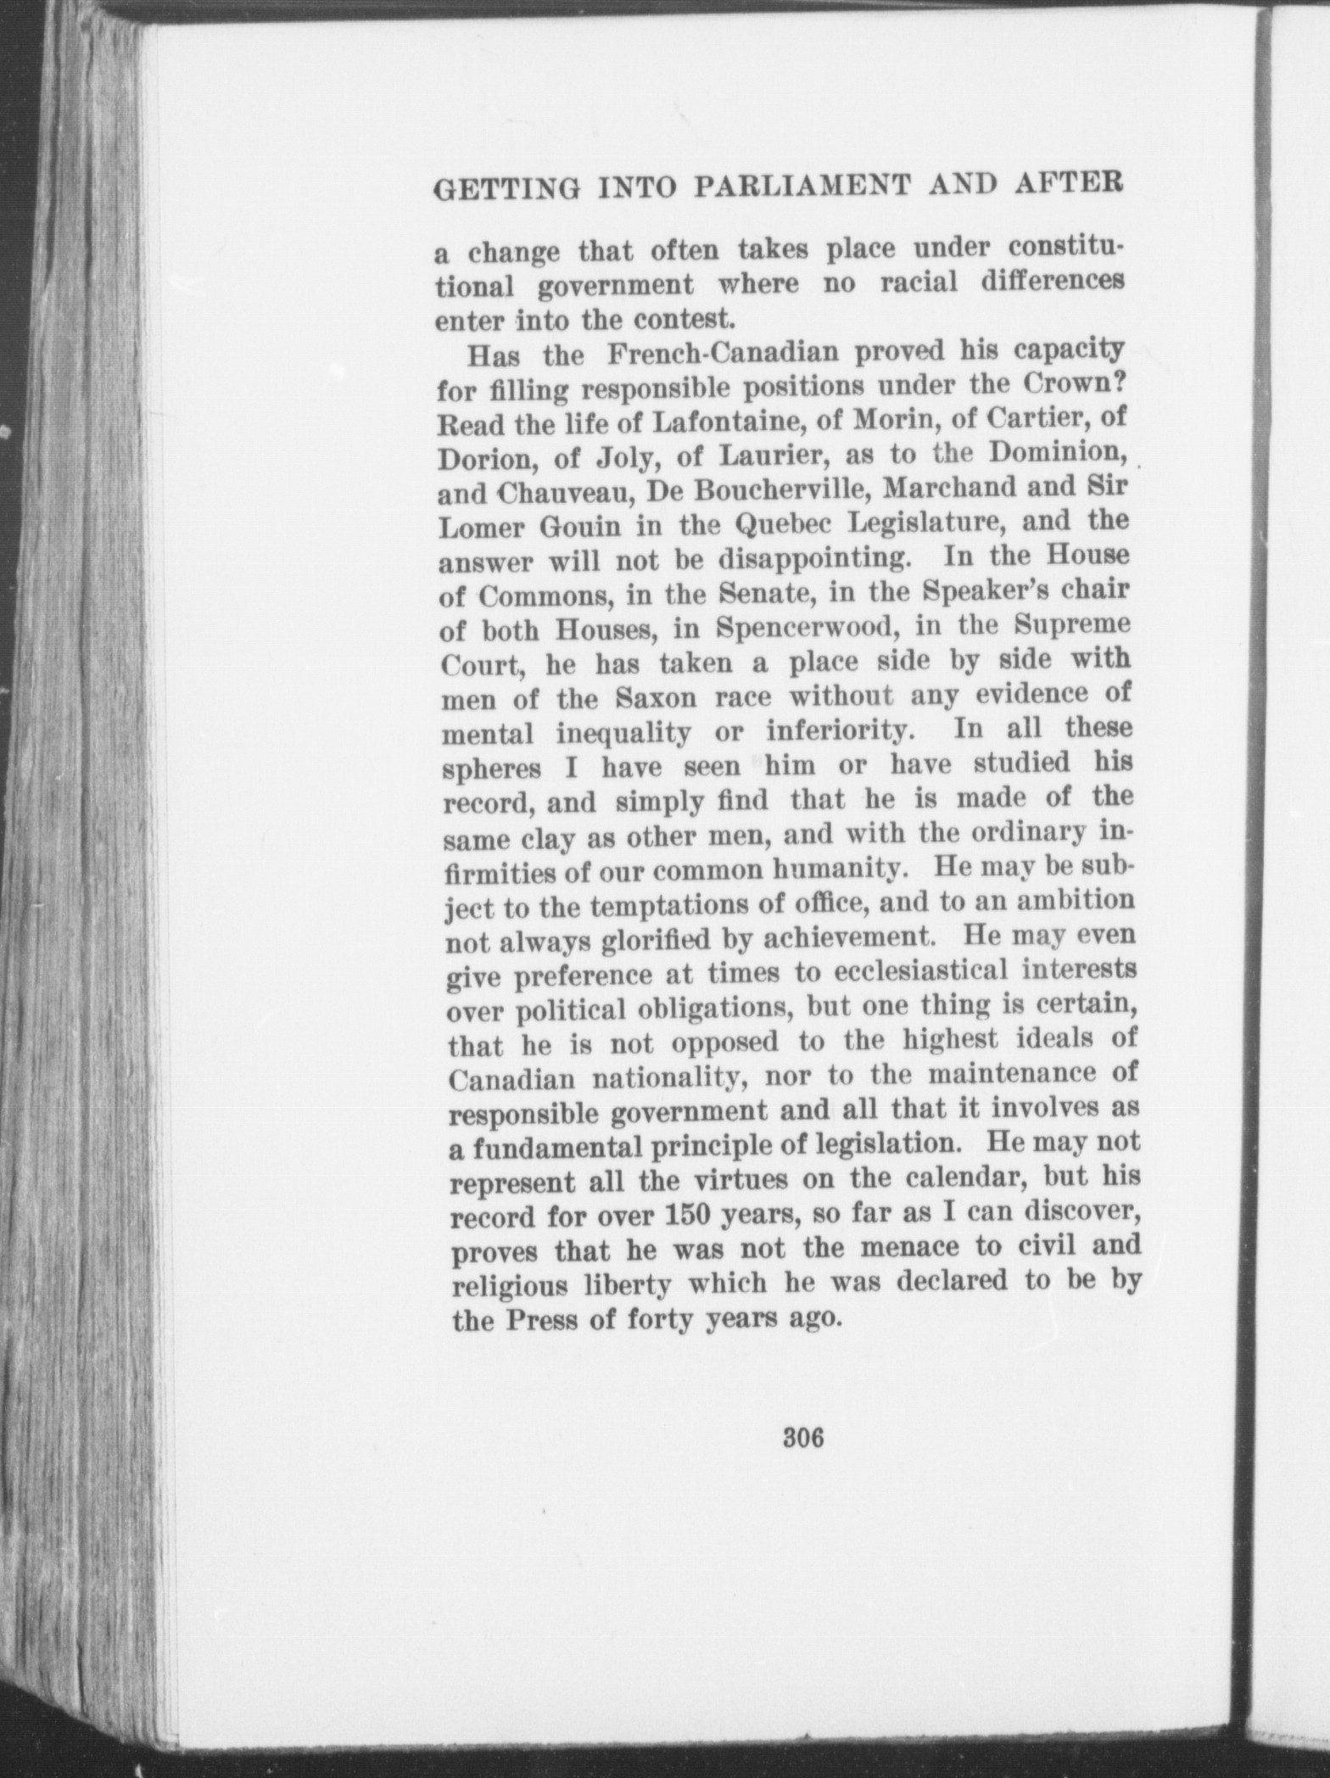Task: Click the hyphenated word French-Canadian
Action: point(711,355)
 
